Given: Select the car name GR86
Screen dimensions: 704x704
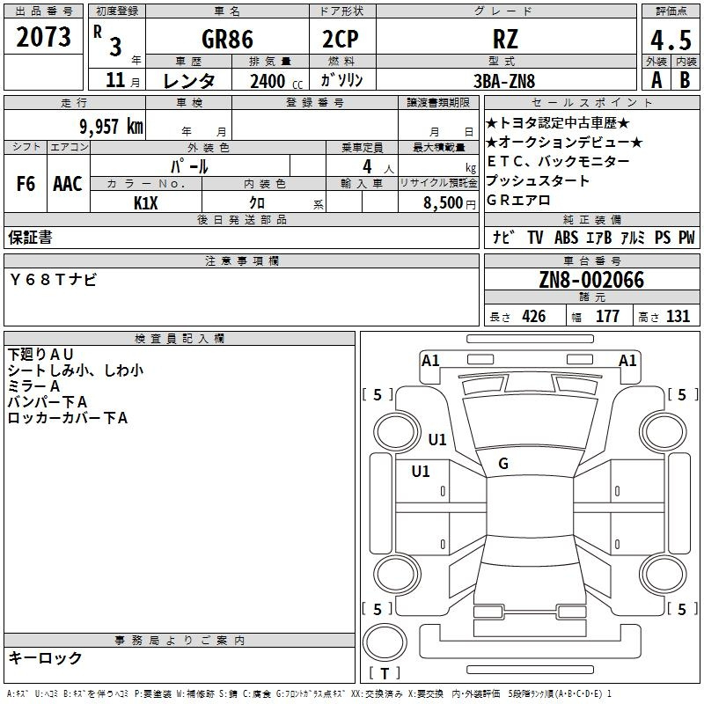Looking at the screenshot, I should (x=227, y=40).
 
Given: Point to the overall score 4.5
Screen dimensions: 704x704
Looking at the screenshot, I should (x=670, y=40).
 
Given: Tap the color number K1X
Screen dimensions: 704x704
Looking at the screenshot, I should (x=146, y=202).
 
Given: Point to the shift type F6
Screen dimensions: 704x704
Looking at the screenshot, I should (x=26, y=184).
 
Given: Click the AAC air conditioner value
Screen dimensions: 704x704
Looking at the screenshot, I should (x=67, y=184).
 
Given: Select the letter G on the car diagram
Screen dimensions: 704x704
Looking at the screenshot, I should (x=503, y=463).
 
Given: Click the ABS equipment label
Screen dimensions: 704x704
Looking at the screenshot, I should (x=568, y=238).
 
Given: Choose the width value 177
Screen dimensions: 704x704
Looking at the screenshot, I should (x=607, y=317).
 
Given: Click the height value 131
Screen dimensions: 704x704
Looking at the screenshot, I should (x=678, y=317).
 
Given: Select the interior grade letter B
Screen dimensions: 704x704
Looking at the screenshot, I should (x=686, y=81).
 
